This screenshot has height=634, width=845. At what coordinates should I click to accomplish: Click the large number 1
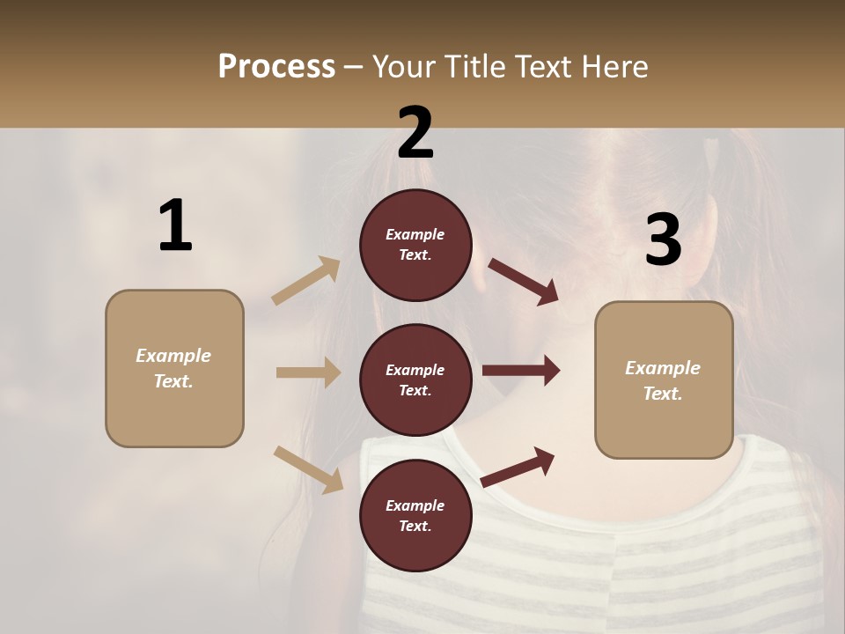point(175,225)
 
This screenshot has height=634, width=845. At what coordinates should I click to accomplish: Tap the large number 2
point(415,133)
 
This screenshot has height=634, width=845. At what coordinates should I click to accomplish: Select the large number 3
point(663,240)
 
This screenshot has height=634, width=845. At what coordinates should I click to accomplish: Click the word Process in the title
point(276,66)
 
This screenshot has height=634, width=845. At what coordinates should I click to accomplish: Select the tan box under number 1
point(174,368)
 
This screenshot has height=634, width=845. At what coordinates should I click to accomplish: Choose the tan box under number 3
point(664,380)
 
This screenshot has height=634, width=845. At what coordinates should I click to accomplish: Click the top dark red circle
point(415,245)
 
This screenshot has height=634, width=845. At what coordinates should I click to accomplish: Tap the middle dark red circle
point(415,380)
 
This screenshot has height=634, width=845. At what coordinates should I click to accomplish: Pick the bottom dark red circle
point(415,515)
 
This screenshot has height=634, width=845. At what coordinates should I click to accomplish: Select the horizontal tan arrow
point(308,372)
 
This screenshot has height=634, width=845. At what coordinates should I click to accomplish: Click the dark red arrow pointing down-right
point(524,282)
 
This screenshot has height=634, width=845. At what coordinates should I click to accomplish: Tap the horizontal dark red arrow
point(521,371)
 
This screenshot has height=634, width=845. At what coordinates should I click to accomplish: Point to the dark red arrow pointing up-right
point(518,467)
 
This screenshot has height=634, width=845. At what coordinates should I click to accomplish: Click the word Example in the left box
point(173,356)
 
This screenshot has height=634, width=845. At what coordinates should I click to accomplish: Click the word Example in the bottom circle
point(415,505)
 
